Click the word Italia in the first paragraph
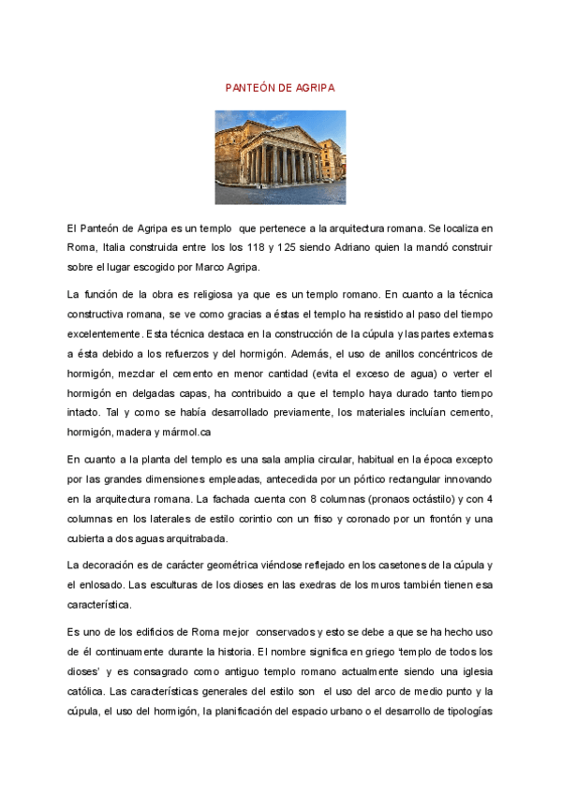click(x=121, y=247)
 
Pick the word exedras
click(x=311, y=586)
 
